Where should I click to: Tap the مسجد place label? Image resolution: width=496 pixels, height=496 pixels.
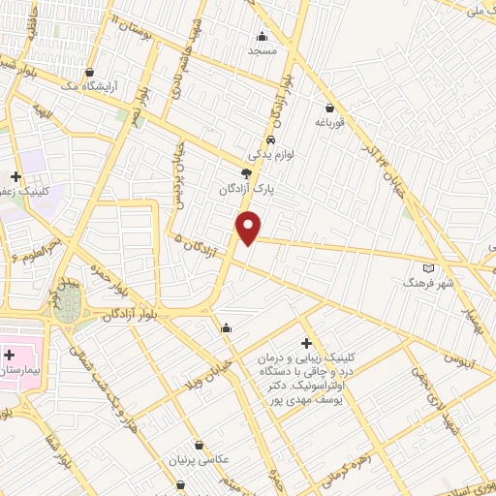tap(262, 49)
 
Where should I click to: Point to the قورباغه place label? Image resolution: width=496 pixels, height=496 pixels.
tap(330, 123)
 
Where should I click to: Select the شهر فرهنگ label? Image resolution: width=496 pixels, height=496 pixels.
tap(429, 284)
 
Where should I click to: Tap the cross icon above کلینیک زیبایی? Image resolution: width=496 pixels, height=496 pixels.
tap(306, 343)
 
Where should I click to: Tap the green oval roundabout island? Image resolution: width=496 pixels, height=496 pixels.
tap(68, 309)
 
